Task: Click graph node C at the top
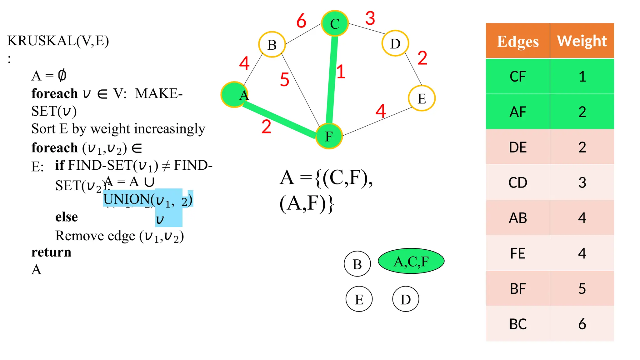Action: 335,23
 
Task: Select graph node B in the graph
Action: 272,45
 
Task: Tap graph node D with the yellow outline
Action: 395,43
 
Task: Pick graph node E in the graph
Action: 422,98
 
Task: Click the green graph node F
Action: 329,136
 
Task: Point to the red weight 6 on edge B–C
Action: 301,21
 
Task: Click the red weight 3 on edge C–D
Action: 370,18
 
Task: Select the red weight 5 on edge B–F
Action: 284,79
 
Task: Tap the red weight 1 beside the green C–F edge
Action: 341,72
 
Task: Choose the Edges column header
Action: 518,41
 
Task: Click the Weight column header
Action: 582,41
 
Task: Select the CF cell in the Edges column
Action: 518,77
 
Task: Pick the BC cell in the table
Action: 518,324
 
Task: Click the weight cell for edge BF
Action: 582,289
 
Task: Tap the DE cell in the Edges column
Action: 518,147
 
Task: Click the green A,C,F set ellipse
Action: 411,261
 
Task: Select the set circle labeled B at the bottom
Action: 357,264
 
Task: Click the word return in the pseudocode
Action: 51,252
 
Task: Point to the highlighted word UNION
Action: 126,199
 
